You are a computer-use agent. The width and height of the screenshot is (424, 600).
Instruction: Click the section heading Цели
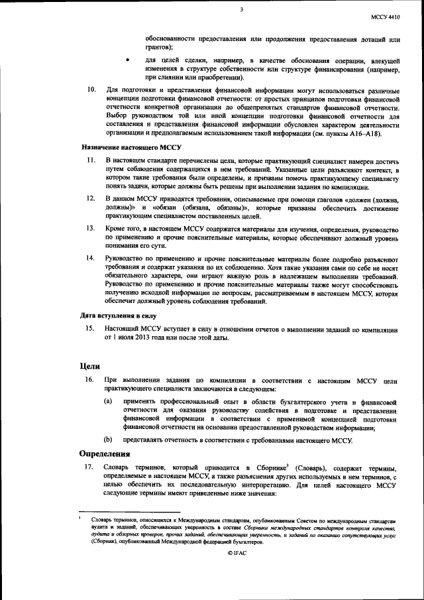pos(89,365)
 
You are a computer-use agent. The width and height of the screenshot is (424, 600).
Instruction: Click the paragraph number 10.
pos(92,90)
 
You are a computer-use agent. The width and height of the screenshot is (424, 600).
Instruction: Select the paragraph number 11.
pos(92,161)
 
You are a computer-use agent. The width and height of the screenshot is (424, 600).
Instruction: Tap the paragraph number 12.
pos(92,198)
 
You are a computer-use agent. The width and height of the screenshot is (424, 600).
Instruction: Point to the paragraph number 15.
pos(92,328)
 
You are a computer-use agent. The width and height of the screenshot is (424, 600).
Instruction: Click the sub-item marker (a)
pos(107,402)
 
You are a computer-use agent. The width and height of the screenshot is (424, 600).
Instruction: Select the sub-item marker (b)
pos(107,440)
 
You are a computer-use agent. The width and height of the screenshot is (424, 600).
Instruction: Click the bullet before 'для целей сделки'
pos(129,61)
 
